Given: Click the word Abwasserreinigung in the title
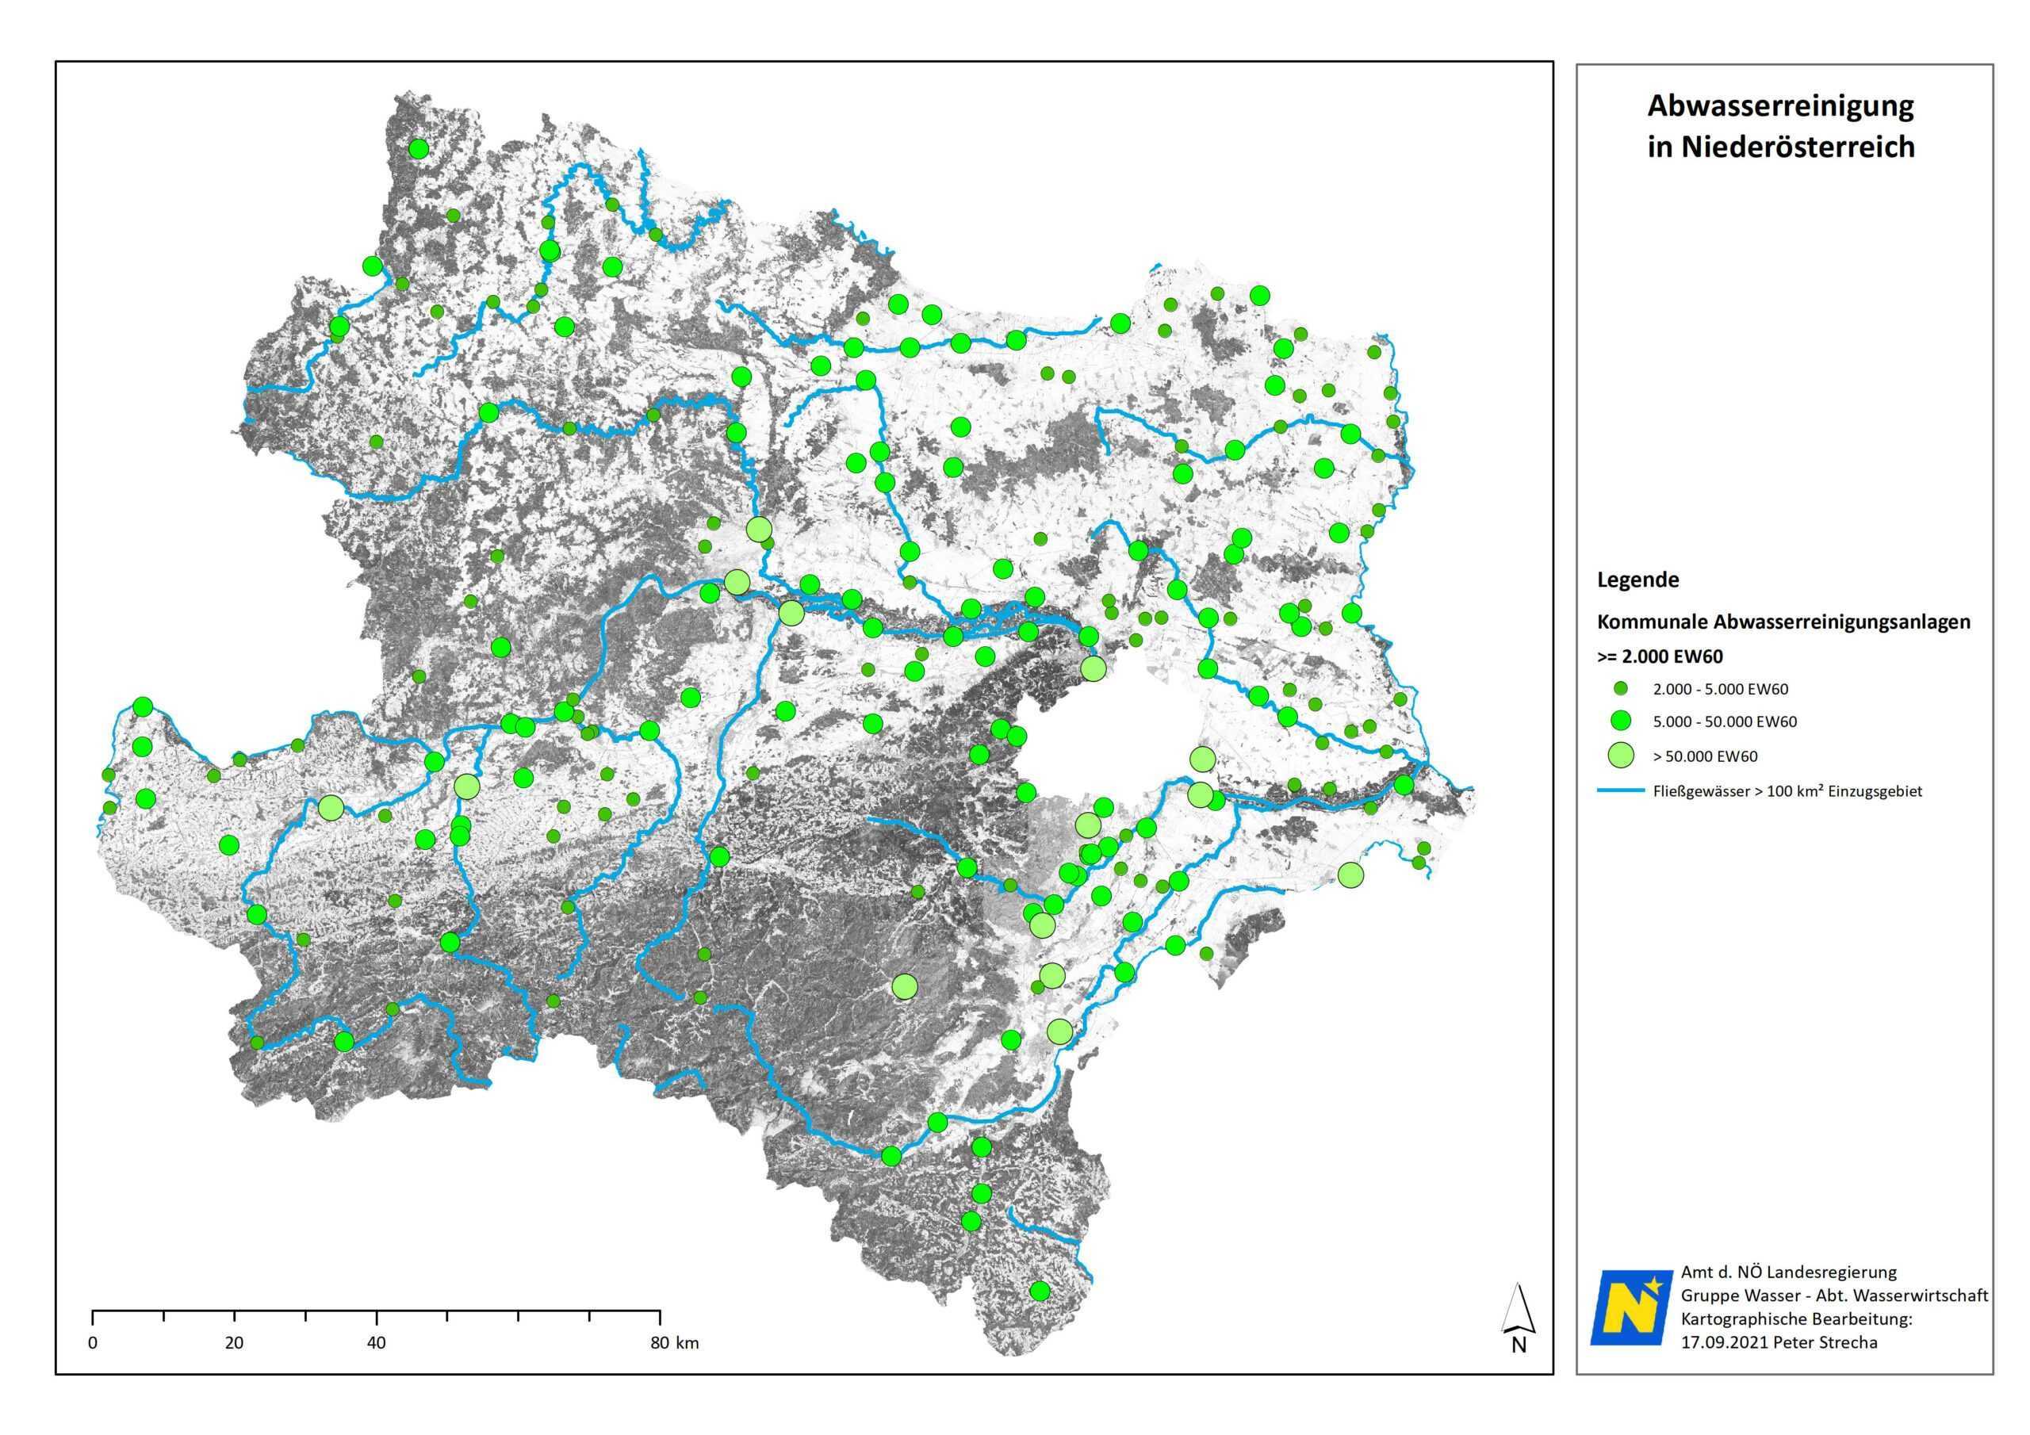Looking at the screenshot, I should click(1779, 107).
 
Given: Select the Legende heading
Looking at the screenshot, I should click(1637, 580).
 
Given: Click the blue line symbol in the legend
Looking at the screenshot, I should click(1619, 791).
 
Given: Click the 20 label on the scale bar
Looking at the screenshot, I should click(233, 1343).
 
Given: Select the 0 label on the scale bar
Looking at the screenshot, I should click(93, 1343).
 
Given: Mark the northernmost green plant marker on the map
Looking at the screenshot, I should click(418, 148).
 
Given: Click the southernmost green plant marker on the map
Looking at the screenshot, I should click(1040, 1290).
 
